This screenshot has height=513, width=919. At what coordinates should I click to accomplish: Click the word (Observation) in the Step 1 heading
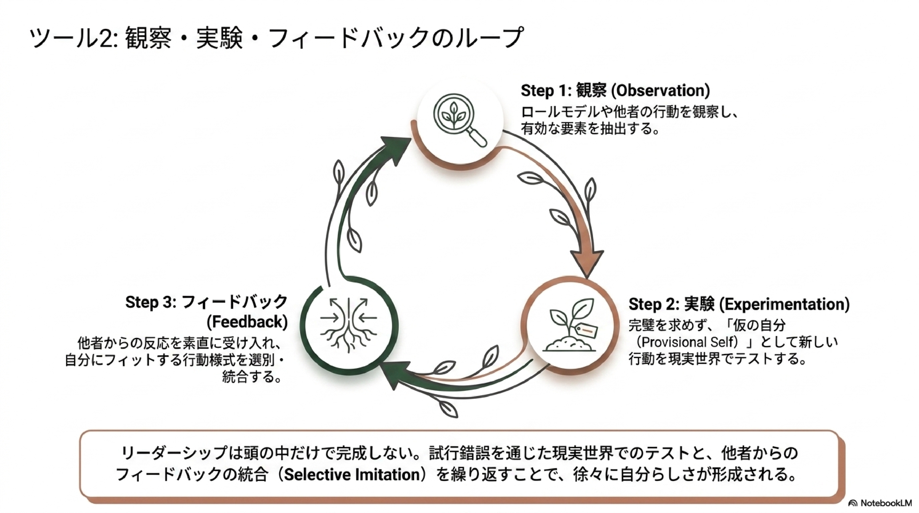click(660, 91)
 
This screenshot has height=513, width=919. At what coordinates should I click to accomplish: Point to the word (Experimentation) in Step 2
click(784, 304)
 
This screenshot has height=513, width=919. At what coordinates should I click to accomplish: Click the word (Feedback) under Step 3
click(247, 322)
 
